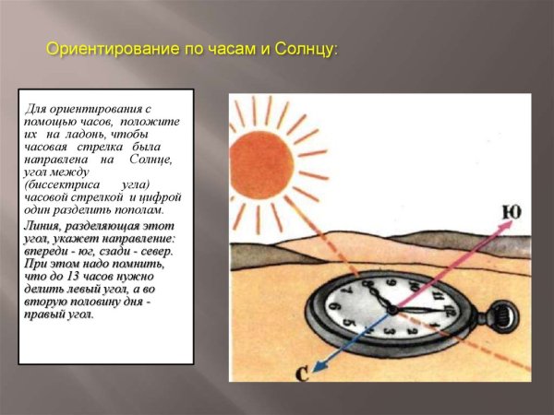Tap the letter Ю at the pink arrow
click(511, 213)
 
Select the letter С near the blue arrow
click(302, 373)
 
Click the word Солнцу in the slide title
click(304, 49)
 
